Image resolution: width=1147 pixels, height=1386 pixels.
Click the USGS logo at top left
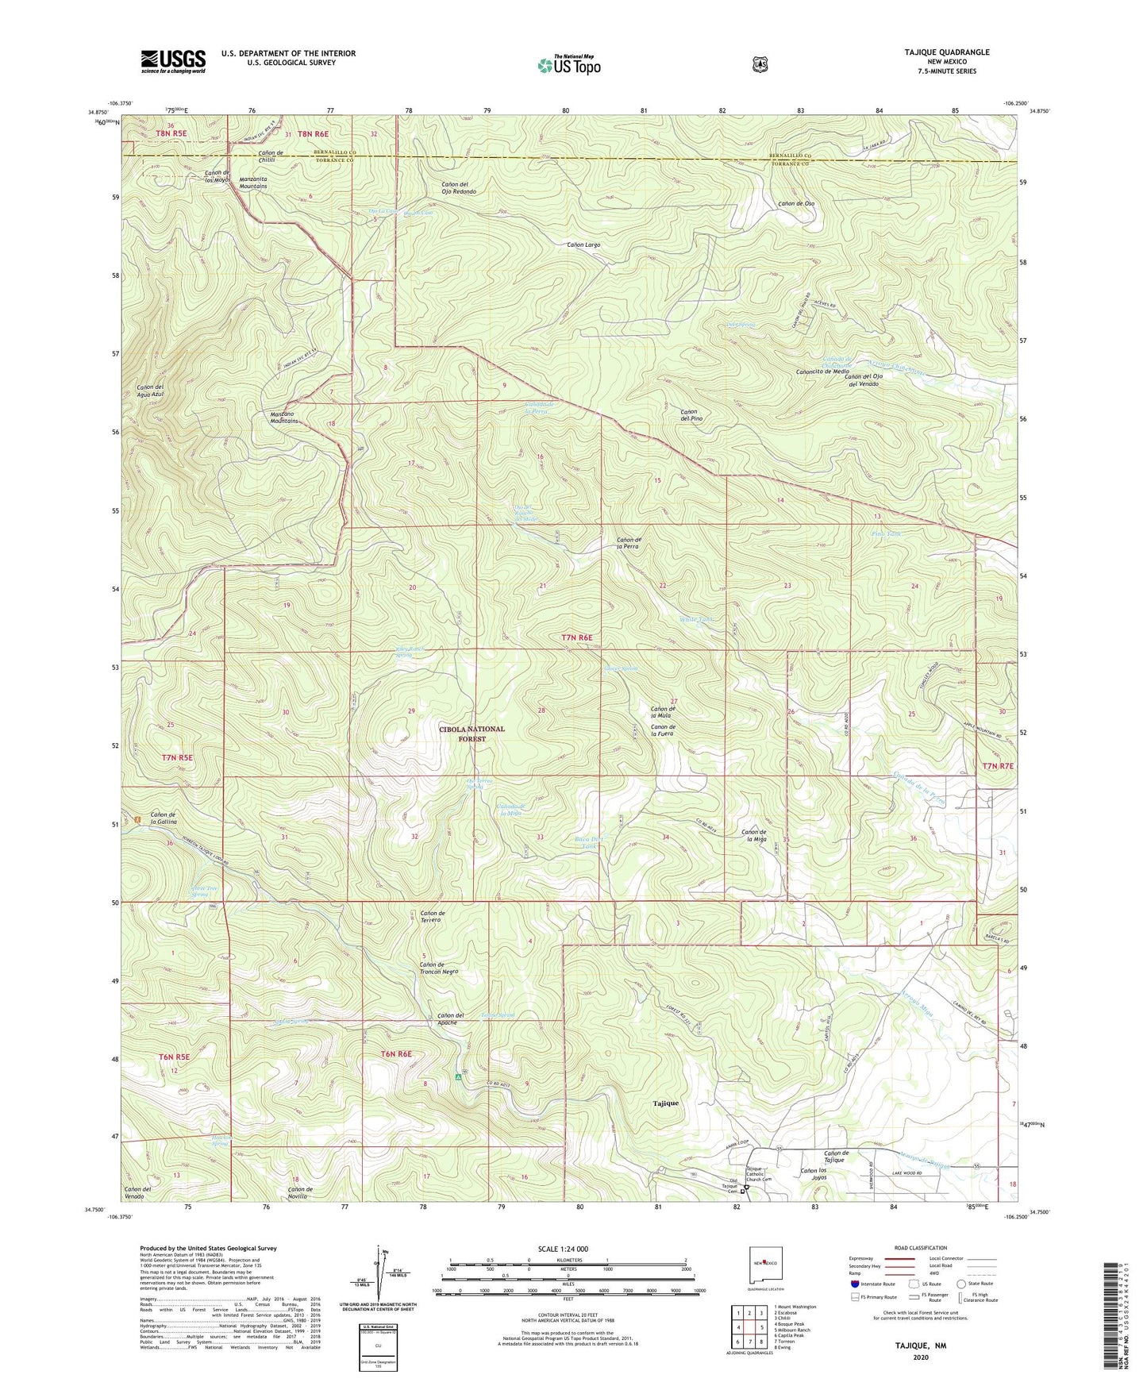tap(173, 61)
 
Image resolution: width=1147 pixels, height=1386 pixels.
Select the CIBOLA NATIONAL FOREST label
tap(473, 733)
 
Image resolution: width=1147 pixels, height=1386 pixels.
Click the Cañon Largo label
tap(583, 245)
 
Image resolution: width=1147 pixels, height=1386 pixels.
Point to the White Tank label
tap(696, 619)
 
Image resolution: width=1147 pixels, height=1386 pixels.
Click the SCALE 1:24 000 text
tap(563, 1249)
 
